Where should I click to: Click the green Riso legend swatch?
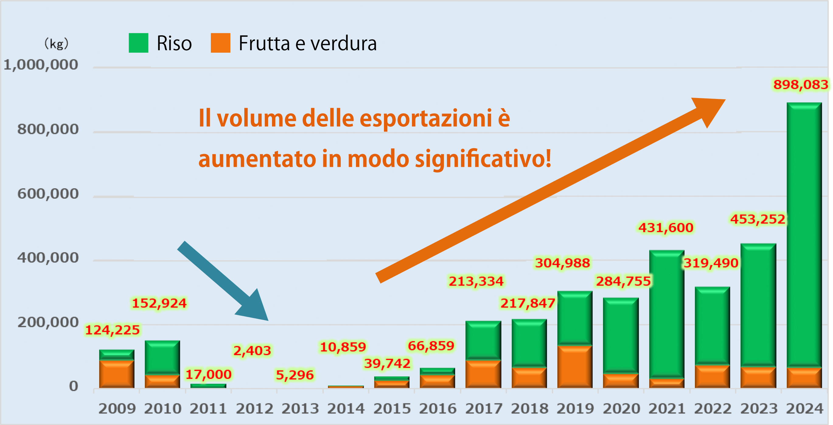[138, 43]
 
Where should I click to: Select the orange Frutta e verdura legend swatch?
[220, 43]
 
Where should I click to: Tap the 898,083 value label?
[800, 85]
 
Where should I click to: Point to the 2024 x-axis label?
[804, 409]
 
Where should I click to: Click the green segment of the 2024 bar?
[804, 233]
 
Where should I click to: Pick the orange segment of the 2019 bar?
[575, 367]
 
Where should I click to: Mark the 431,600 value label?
[666, 228]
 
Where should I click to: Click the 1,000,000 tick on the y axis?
[41, 65]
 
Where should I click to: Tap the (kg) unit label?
[56, 43]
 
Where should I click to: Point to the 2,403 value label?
[252, 350]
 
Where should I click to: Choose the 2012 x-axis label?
[254, 409]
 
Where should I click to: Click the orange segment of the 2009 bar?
[117, 374]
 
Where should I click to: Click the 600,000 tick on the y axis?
[48, 194]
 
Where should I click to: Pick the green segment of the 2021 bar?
[667, 314]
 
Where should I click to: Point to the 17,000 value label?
[209, 374]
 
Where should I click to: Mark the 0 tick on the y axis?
[73, 386]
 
